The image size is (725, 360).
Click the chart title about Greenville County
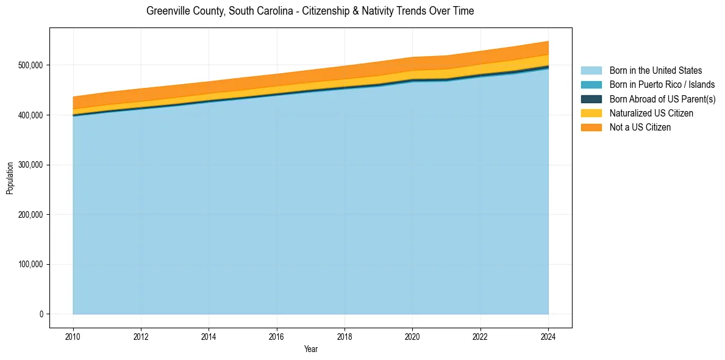tap(310, 11)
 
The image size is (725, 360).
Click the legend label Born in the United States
tap(655, 71)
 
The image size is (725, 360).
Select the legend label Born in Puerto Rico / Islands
tap(662, 85)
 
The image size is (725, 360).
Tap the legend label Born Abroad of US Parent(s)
tap(662, 99)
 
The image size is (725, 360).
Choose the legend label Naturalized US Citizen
tap(651, 113)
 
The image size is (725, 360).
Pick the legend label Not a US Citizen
tap(640, 128)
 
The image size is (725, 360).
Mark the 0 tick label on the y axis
tap(41, 314)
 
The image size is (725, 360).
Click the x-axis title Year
tap(310, 349)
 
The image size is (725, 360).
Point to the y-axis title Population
tap(10, 178)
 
